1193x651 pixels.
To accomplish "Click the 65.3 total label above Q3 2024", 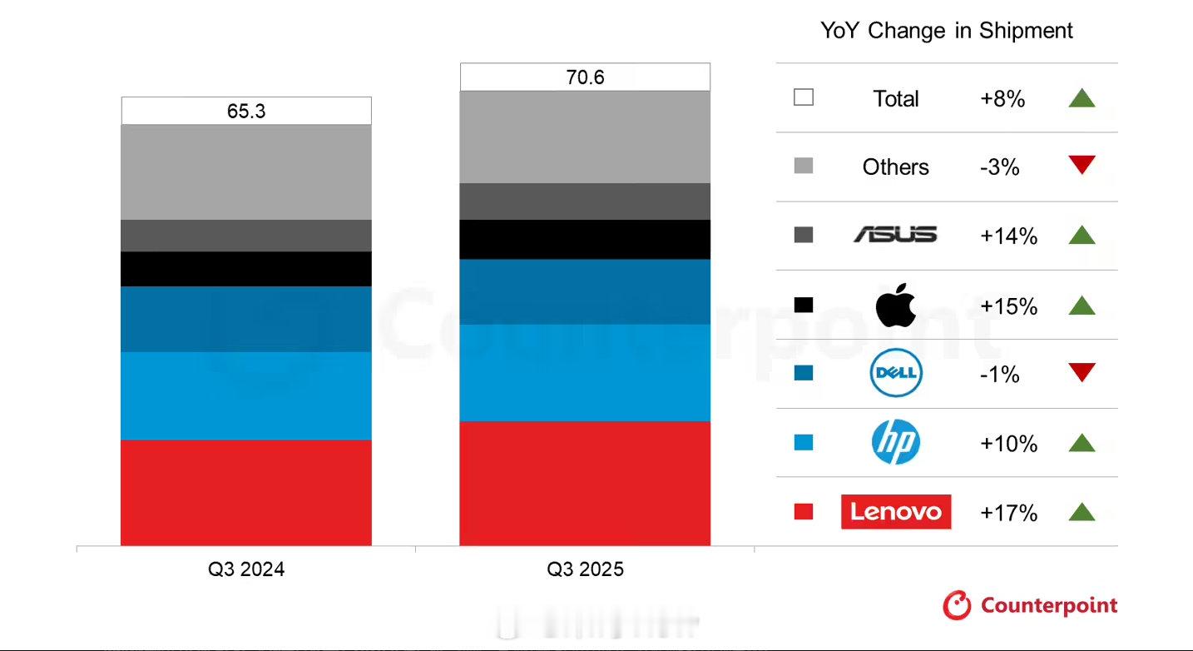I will click(x=246, y=111).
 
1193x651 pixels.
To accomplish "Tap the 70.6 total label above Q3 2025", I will click(x=585, y=77).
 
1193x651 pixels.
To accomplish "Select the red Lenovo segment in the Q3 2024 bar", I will click(x=246, y=492).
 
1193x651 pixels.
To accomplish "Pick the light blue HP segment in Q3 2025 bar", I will click(x=585, y=372).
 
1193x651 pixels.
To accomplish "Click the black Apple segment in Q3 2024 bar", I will click(x=246, y=269).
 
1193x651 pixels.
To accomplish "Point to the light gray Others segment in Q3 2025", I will click(x=585, y=137).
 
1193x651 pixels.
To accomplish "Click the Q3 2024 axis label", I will click(x=246, y=569).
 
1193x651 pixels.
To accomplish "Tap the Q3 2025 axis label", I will click(x=585, y=569).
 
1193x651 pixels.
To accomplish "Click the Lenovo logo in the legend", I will click(x=896, y=511).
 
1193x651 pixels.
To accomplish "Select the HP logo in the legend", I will click(x=896, y=442).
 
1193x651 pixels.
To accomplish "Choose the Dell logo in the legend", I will click(x=896, y=373).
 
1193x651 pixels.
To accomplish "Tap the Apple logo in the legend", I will click(x=896, y=305).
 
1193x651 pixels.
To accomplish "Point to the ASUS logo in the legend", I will click(x=896, y=236).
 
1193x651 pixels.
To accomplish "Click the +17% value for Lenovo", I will click(x=1008, y=513).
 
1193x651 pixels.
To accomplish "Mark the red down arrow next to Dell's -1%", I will click(x=1082, y=372).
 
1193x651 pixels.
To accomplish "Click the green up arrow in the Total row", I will click(x=1082, y=98).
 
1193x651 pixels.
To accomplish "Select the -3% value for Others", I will click(x=999, y=167).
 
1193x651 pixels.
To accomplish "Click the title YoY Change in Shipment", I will click(x=947, y=31).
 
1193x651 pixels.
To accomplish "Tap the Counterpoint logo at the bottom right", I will click(x=1030, y=605).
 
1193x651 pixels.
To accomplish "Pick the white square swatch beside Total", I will click(x=804, y=97).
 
